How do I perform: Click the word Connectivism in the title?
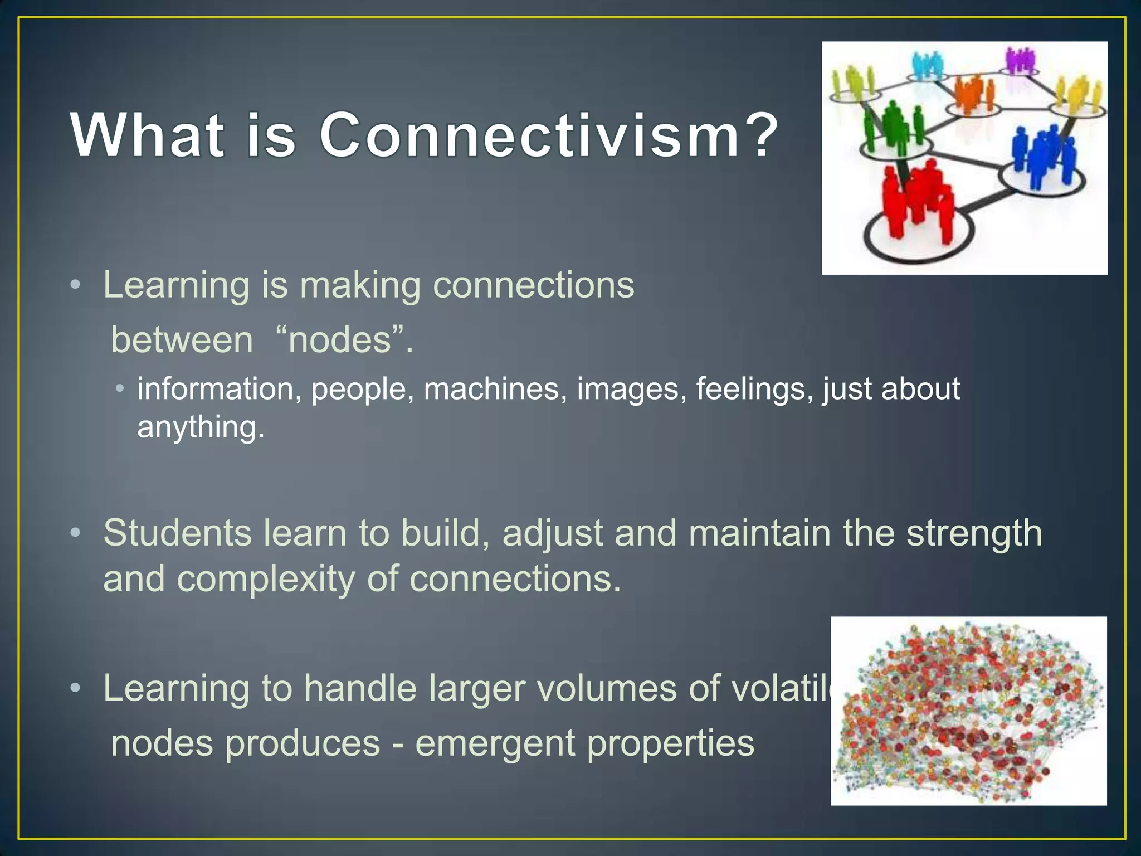click(x=529, y=135)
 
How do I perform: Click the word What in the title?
click(x=148, y=135)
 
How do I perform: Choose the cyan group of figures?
click(x=928, y=65)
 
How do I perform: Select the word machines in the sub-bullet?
click(x=491, y=389)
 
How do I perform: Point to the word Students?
click(x=177, y=533)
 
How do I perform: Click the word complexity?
click(x=266, y=579)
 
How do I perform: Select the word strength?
click(x=974, y=533)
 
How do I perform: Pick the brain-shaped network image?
click(x=968, y=711)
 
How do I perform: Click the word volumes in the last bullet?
click(x=608, y=689)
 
